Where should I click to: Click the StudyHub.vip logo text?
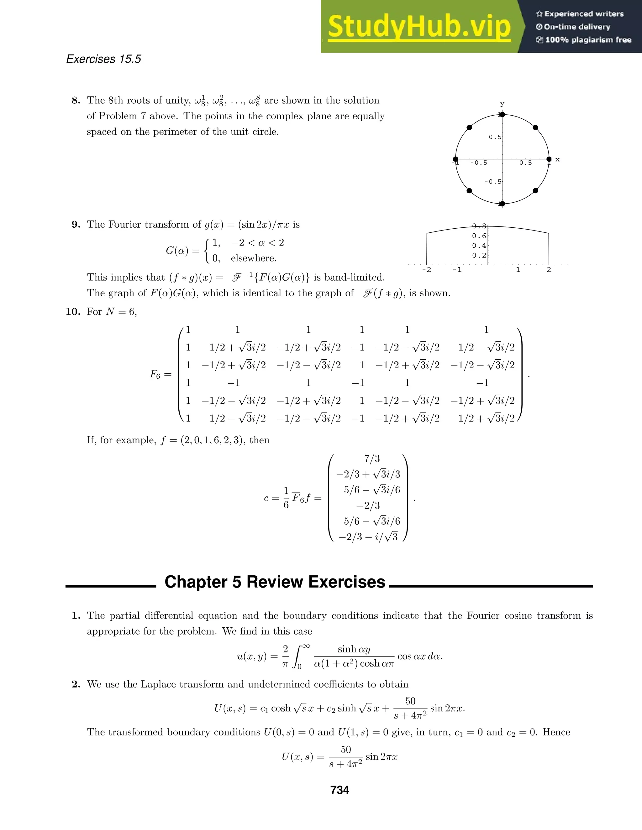click(419, 27)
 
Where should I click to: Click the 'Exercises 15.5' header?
click(103, 59)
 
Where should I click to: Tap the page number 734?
click(339, 790)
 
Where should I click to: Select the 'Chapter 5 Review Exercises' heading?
click(275, 582)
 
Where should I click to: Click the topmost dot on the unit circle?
click(502, 114)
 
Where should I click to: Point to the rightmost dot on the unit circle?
click(549, 159)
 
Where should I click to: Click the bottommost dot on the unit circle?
click(502, 204)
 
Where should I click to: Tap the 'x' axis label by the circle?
click(558, 160)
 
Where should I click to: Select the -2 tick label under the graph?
click(426, 270)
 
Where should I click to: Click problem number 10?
click(73, 312)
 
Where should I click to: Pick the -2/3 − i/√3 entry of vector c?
click(368, 537)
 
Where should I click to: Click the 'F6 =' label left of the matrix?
click(160, 374)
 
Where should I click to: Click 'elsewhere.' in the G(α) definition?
click(253, 258)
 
